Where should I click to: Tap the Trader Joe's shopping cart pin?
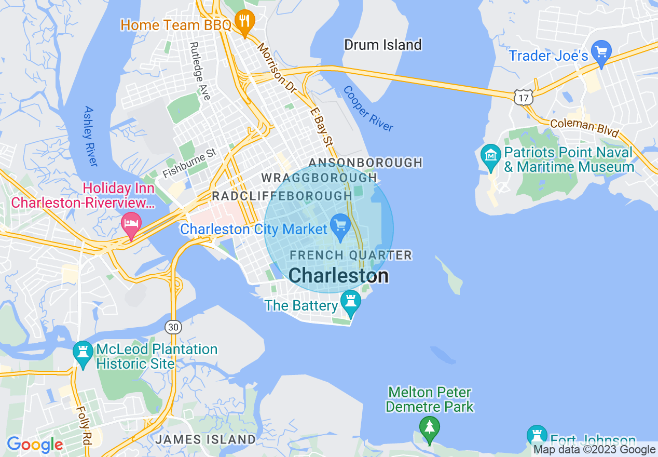[x=601, y=53]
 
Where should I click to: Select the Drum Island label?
[x=383, y=45]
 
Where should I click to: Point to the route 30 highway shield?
[x=173, y=327]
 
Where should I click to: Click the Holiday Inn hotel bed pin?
[x=131, y=224]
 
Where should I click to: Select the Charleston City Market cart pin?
[x=340, y=226]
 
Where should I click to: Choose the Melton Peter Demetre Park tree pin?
[x=429, y=428]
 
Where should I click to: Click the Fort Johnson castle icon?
[x=537, y=435]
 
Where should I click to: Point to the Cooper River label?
[x=368, y=109]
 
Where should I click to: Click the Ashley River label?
[x=90, y=136]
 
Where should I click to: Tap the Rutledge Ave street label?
[x=200, y=71]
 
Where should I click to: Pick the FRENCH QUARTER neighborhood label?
[x=351, y=255]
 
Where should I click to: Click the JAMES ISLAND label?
[x=205, y=439]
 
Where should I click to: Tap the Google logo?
[x=35, y=445]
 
